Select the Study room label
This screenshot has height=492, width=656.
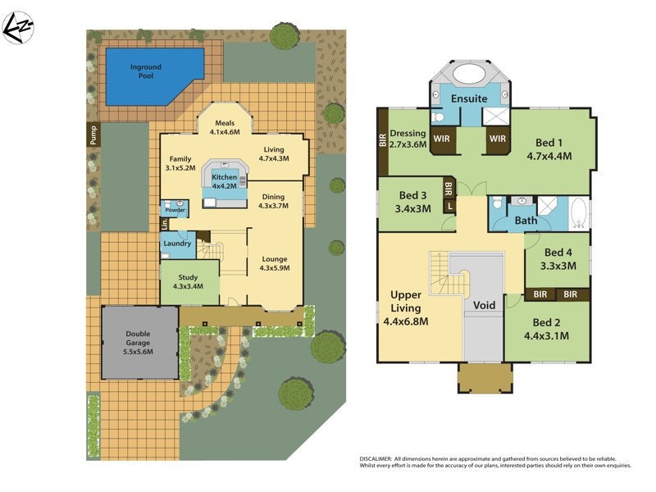pyautogui.click(x=189, y=281)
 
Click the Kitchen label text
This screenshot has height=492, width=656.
pyautogui.click(x=224, y=180)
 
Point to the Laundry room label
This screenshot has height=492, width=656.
pyautogui.click(x=177, y=244)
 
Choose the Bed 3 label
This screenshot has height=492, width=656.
pyautogui.click(x=412, y=201)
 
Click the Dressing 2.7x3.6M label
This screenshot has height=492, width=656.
pyautogui.click(x=408, y=139)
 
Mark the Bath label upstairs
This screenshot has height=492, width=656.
pyautogui.click(x=526, y=221)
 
